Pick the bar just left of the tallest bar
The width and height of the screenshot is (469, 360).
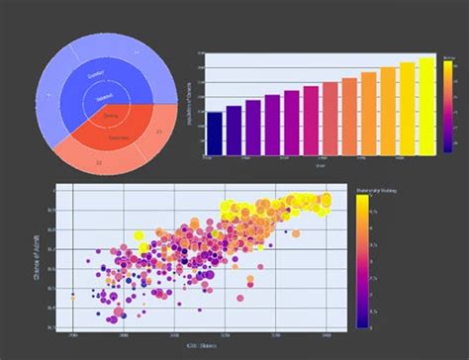click(408, 109)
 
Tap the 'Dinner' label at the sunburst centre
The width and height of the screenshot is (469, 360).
click(110, 116)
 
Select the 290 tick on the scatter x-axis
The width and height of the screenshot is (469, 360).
click(73, 335)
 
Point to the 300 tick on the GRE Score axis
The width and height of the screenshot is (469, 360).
click(124, 335)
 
